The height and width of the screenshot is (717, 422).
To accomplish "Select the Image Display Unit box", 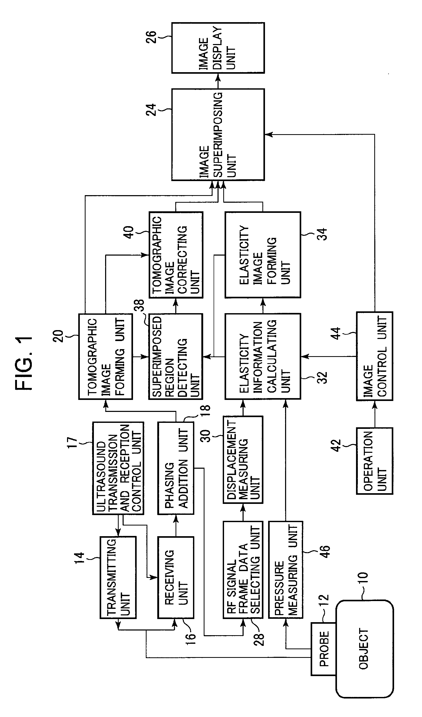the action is [x=218, y=48].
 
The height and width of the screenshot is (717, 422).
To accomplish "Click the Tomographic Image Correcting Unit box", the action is [x=176, y=255].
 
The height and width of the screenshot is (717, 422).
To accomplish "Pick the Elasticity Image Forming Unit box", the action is [x=263, y=255].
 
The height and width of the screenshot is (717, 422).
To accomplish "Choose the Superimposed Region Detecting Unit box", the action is [x=176, y=356].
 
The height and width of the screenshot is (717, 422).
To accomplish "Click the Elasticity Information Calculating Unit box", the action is [x=263, y=356].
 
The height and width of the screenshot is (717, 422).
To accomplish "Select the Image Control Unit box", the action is [x=375, y=356].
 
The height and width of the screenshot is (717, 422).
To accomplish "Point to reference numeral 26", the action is [x=152, y=37].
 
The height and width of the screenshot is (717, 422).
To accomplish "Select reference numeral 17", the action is [x=72, y=443].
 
